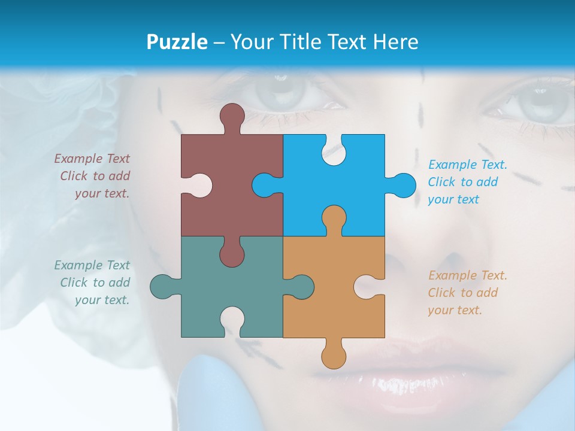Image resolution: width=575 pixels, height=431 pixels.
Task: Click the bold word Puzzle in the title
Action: pos(177,42)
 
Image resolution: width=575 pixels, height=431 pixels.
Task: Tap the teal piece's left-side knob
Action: pos(162,286)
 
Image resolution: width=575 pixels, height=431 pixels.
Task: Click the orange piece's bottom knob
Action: pos(334,357)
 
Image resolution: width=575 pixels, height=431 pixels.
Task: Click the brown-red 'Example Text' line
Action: pos(92,159)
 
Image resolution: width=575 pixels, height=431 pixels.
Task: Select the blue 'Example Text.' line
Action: pos(468,165)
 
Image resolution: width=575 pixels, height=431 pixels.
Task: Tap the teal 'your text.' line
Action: pos(102,300)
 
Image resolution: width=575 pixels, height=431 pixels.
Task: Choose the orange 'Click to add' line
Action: pos(463,293)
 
